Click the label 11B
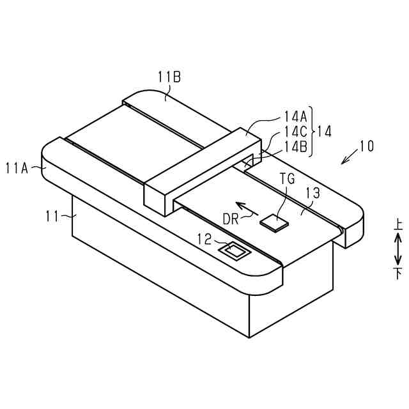169,77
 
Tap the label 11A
17,168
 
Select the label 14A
296,117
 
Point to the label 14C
296,131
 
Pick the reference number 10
366,146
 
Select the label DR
231,219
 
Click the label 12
204,240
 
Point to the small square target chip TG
274,221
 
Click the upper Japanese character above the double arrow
397,225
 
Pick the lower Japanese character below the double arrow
397,274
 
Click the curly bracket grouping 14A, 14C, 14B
313,131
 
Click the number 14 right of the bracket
324,131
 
